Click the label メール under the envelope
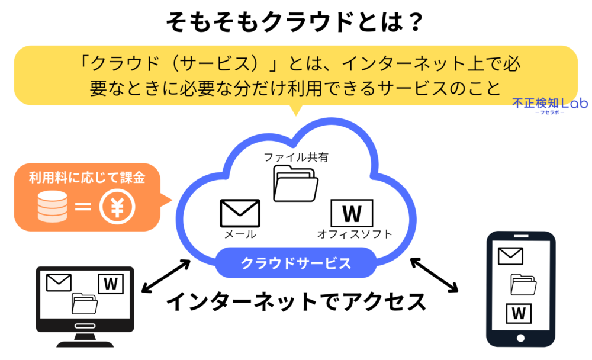(240, 234)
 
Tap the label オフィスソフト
(354, 234)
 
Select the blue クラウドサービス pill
(295, 262)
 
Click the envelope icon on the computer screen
(58, 282)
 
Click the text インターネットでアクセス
(295, 303)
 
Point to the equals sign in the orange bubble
(83, 207)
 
